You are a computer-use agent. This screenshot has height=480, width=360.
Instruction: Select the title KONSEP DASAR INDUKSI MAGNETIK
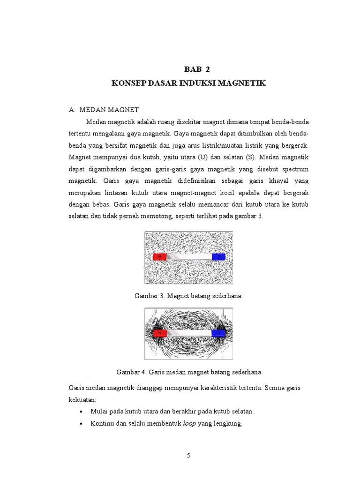tap(188, 83)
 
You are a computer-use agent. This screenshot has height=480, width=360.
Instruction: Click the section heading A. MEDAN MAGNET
tap(104, 110)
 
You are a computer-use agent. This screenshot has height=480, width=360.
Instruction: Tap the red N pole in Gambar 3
tap(160, 257)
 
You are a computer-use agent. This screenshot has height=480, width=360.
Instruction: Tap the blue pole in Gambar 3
tap(218, 257)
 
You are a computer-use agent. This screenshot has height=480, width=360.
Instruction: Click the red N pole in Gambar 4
tap(160, 333)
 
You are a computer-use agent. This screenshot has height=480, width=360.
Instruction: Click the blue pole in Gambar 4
tap(218, 333)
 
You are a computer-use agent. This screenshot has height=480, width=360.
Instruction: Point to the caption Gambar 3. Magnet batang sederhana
tap(188, 296)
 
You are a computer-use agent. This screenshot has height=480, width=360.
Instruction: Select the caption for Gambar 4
tap(188, 372)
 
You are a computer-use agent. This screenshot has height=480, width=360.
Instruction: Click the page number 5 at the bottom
tap(188, 455)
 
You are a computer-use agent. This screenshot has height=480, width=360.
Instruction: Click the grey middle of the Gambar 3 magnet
tap(189, 257)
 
